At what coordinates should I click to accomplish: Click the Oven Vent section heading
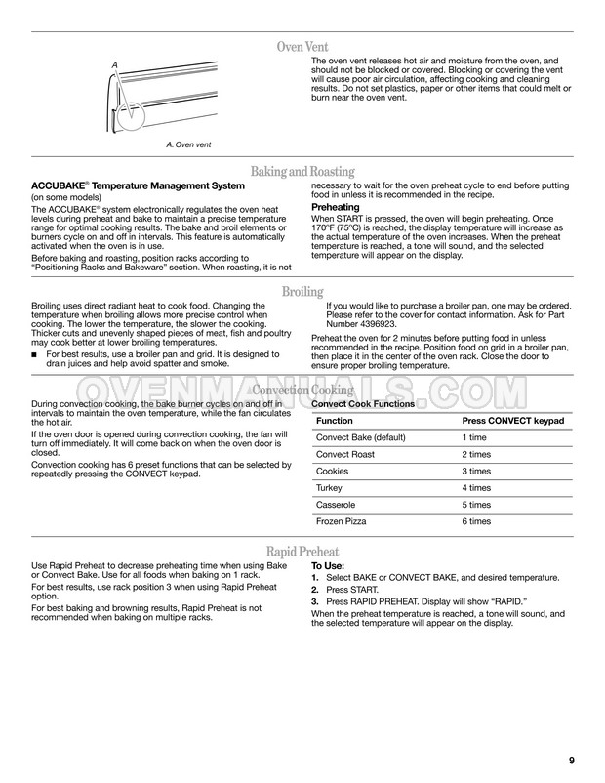tap(302, 47)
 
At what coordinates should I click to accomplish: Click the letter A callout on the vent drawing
tap(115, 65)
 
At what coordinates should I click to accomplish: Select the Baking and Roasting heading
tap(302, 172)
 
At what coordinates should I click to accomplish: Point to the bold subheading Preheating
tap(335, 207)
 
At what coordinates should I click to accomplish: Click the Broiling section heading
tap(302, 291)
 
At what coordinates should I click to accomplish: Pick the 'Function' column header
tap(335, 420)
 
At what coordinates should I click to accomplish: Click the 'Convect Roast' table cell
tap(343, 454)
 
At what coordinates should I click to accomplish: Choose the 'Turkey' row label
tap(330, 487)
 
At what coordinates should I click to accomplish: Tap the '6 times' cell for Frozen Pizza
tap(476, 521)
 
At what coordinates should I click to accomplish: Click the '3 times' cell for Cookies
tap(476, 471)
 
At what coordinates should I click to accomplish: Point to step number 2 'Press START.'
tap(314, 590)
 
